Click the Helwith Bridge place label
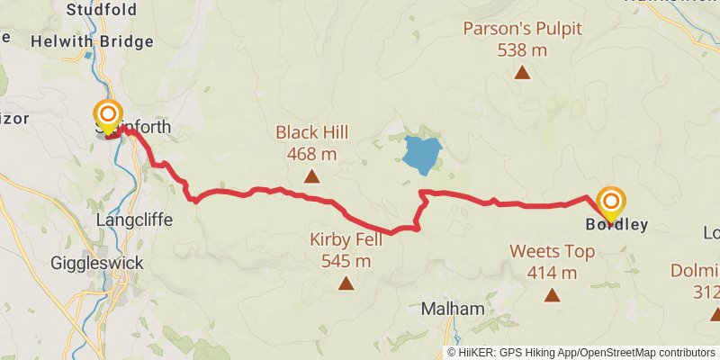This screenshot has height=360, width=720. tap(92, 41)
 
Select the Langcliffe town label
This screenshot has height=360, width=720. tap(133, 219)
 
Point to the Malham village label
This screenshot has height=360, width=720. tap(453, 309)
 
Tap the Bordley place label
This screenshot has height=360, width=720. tap(616, 225)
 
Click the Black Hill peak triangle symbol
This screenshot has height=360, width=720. tap(311, 176)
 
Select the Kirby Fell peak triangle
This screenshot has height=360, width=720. tap(346, 284)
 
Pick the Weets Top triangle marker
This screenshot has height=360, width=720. tap(552, 295)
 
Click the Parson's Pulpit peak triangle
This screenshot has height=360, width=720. tap(522, 72)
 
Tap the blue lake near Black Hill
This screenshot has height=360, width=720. tap(422, 155)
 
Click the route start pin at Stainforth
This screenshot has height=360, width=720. tap(108, 115)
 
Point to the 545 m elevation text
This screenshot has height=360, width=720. tap(346, 262)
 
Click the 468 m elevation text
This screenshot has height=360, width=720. tap(311, 154)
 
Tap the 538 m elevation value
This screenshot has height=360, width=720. tap(522, 49)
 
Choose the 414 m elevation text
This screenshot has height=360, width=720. tap(552, 273)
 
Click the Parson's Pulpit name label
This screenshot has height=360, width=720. tap(522, 28)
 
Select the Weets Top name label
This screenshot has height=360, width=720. tap(552, 251)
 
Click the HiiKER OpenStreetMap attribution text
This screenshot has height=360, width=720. tap(580, 352)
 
